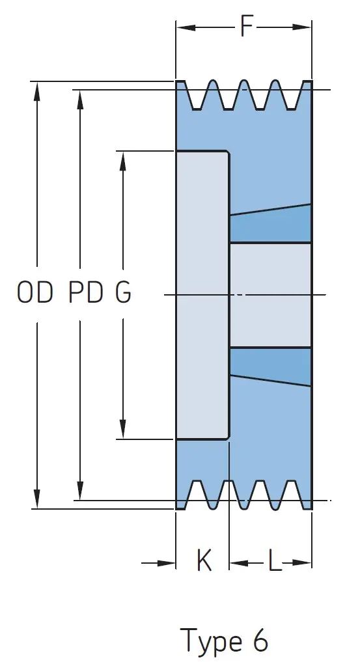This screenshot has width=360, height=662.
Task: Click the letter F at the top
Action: (247, 27)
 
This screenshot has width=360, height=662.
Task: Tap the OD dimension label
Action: (35, 292)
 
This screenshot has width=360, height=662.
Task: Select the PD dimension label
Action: (86, 292)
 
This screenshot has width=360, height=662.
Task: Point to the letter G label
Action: (123, 292)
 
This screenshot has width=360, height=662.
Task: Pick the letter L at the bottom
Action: (275, 562)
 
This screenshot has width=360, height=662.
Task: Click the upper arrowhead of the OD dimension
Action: (37, 90)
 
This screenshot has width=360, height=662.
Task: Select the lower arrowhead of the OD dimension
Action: (37, 499)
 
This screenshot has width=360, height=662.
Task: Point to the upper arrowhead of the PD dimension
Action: (80, 100)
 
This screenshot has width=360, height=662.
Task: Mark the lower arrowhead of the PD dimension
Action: (80, 490)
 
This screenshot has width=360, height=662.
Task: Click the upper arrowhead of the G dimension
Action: (123, 161)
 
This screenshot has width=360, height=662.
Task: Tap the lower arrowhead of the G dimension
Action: (123, 429)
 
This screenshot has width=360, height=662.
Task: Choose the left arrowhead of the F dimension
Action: (186, 27)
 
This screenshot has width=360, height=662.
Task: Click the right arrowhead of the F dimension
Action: (301, 27)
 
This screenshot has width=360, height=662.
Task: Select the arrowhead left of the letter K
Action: (165, 563)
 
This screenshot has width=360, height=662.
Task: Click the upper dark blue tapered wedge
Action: (271, 224)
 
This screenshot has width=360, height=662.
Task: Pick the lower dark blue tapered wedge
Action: (271, 366)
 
